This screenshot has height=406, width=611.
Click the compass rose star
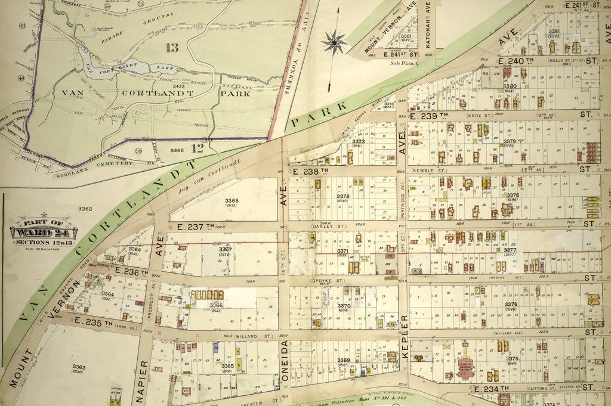click(334, 42)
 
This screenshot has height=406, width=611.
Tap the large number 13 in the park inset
click(172, 48)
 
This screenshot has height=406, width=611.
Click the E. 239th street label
click(428, 116)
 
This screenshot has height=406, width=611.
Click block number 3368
click(232, 201)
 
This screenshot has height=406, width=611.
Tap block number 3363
click(79, 367)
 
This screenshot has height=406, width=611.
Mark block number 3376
click(510, 305)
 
